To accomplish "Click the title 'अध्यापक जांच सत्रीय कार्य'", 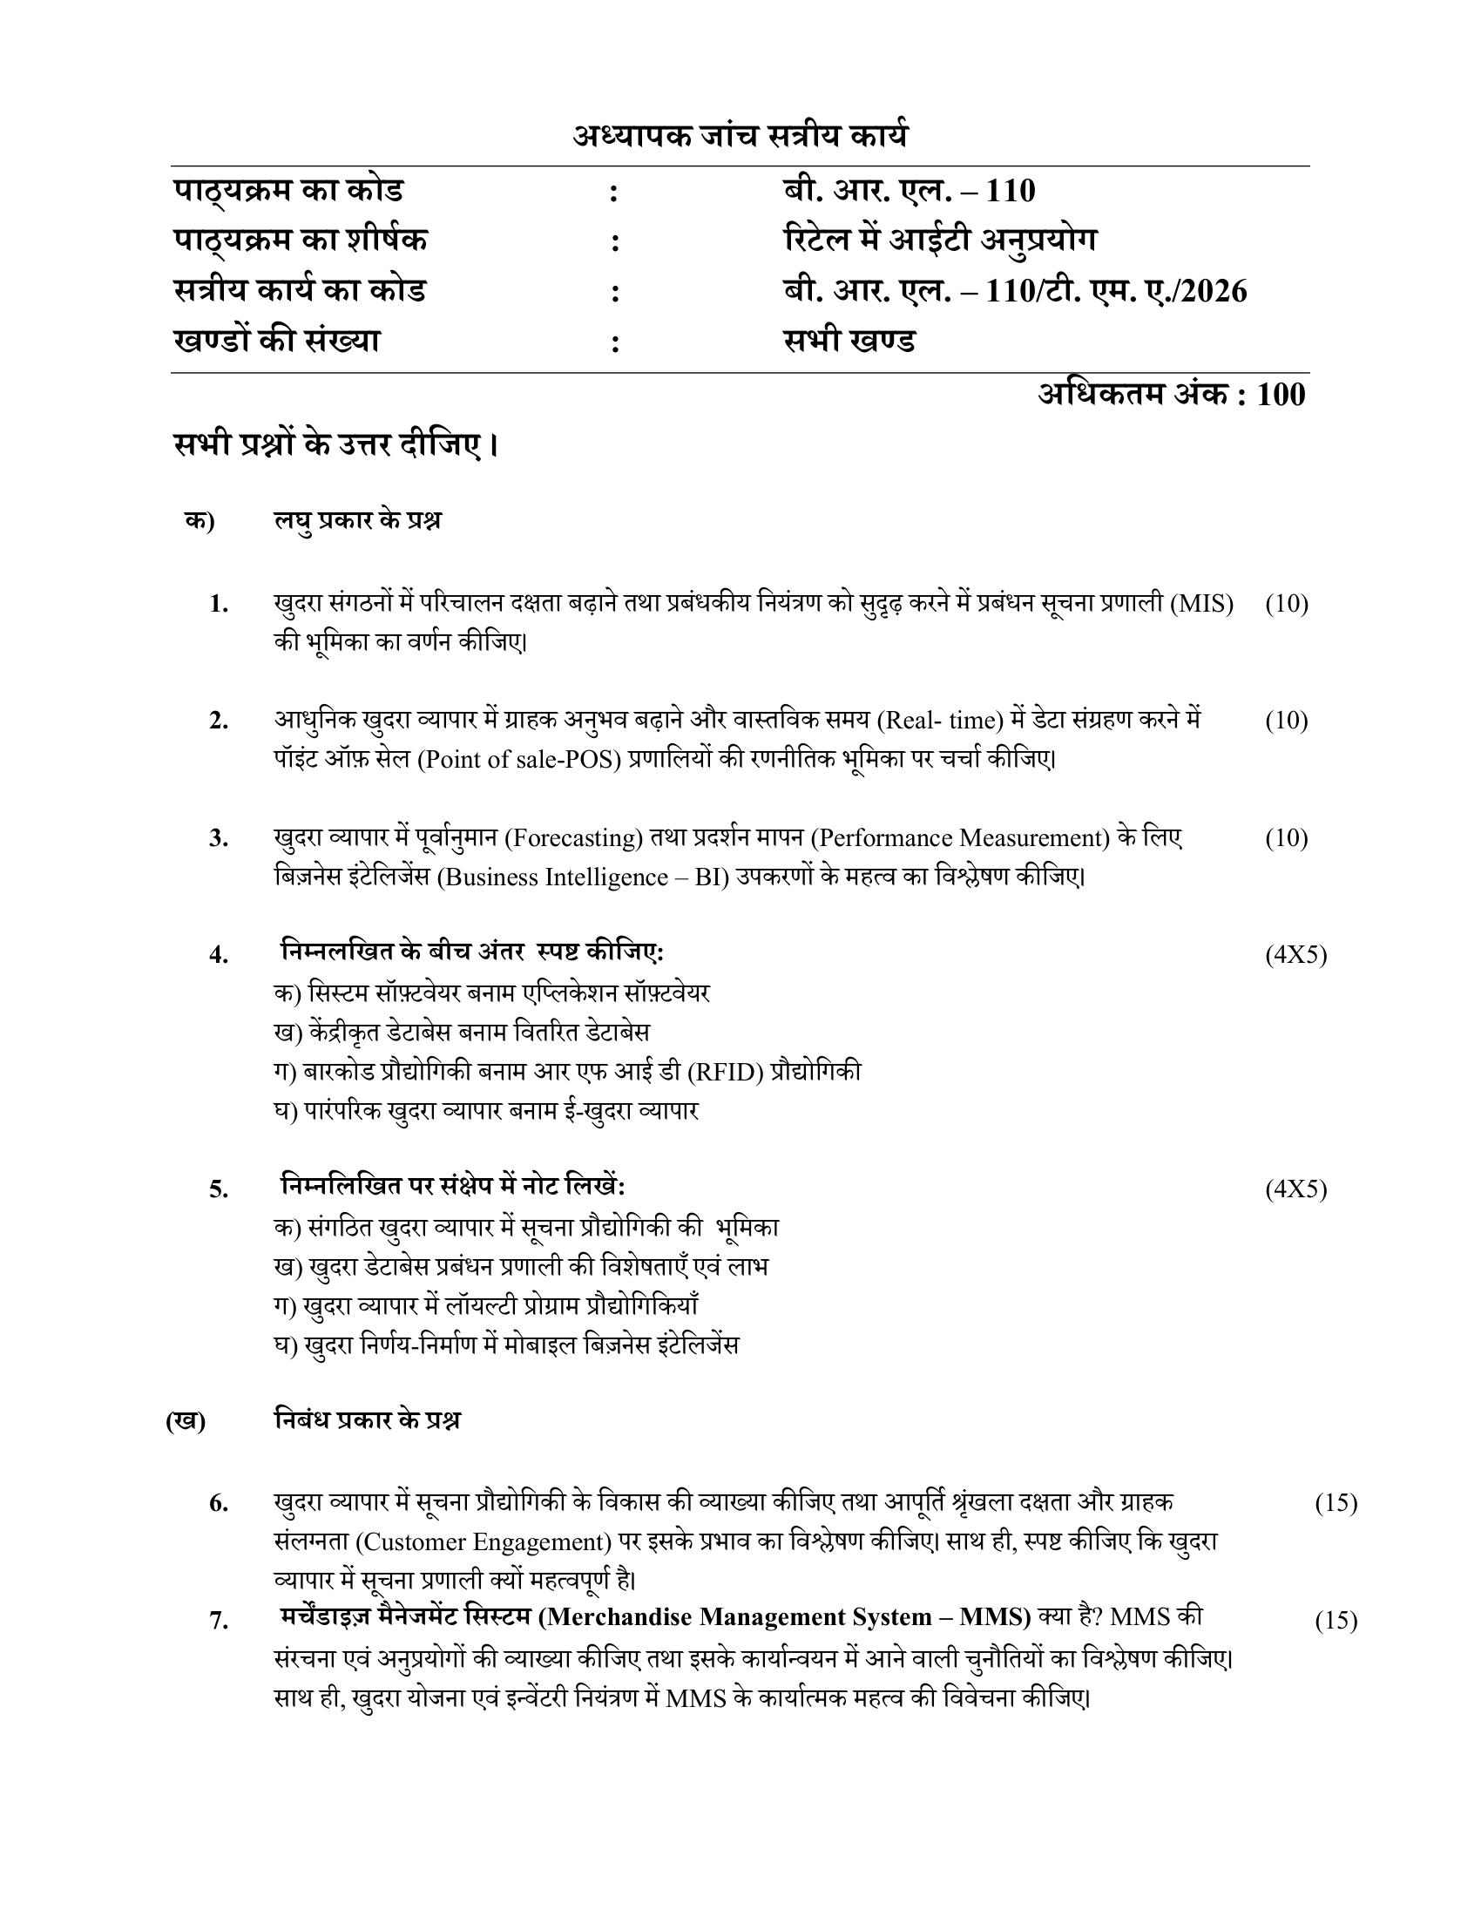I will click(740, 136).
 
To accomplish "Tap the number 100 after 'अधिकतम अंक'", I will click(1281, 395).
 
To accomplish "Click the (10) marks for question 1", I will click(1286, 604).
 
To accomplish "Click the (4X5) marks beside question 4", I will click(1295, 955).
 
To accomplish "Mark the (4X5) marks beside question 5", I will click(1295, 1189).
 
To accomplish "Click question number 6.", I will click(219, 1504).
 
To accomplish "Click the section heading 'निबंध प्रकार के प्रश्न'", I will click(367, 1420).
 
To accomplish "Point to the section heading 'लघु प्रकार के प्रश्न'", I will click(357, 520).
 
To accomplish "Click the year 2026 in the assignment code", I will click(1214, 290).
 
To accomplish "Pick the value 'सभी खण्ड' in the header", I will click(849, 341).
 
